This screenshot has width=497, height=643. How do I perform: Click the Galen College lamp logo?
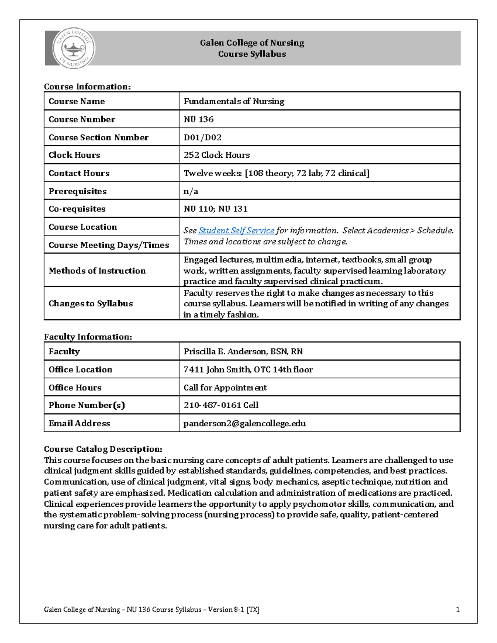[73, 49]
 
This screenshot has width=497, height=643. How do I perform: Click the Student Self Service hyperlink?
[236, 231]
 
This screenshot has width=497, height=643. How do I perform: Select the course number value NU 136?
[198, 119]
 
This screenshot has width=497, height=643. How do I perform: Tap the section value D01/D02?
[203, 137]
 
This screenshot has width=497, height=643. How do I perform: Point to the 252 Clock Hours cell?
[217, 155]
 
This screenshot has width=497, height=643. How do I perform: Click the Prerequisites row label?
[77, 191]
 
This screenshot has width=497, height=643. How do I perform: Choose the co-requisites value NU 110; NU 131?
[215, 209]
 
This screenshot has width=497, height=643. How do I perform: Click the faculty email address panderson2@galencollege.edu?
[244, 424]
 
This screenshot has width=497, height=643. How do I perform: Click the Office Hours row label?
[75, 388]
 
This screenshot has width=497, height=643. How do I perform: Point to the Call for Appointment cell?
[225, 388]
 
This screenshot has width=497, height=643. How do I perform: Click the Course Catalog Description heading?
[103, 449]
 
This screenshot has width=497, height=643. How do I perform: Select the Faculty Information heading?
[88, 337]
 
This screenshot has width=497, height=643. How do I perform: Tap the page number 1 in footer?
[458, 609]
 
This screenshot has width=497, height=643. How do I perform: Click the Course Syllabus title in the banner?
[252, 54]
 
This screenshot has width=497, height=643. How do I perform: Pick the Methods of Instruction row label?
[97, 271]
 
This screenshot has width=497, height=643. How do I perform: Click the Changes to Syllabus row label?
[91, 303]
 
